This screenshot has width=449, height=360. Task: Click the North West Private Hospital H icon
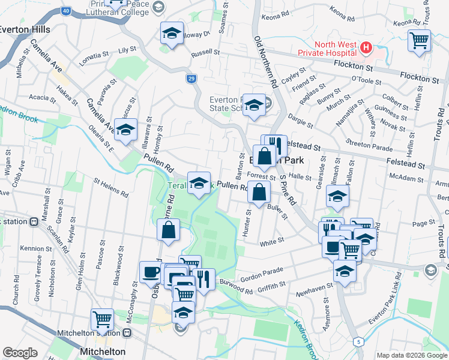[x=364, y=46]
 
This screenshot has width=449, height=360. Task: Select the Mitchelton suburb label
[x=103, y=351]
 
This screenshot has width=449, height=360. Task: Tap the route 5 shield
[x=358, y=342]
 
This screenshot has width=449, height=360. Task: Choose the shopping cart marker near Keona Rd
[x=419, y=41]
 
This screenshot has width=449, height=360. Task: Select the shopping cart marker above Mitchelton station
[x=103, y=319]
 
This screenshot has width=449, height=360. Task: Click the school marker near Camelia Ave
[x=125, y=130]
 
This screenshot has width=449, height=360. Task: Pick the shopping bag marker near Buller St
[x=259, y=193]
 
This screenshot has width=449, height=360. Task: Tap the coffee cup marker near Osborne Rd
[x=151, y=272]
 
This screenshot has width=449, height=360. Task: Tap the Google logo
[x=20, y=353]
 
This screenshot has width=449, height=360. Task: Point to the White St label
[x=271, y=243]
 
